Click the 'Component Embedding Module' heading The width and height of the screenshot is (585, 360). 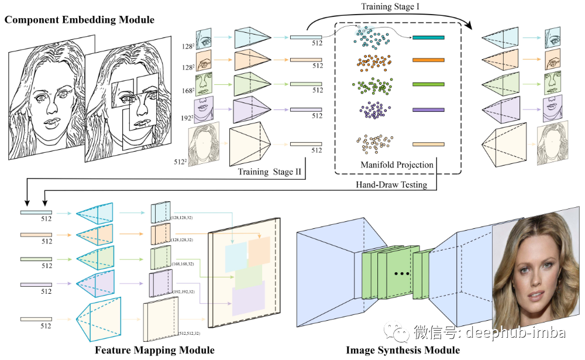[x=80, y=20]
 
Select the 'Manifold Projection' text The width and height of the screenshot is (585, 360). [x=397, y=164]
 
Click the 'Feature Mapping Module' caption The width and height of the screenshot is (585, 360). [x=154, y=350]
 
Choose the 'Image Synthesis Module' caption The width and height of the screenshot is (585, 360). [x=402, y=350]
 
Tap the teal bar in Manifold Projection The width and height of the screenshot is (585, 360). [x=428, y=37]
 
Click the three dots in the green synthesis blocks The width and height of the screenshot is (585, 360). [x=402, y=274]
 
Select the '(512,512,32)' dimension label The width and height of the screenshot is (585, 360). [x=190, y=333]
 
